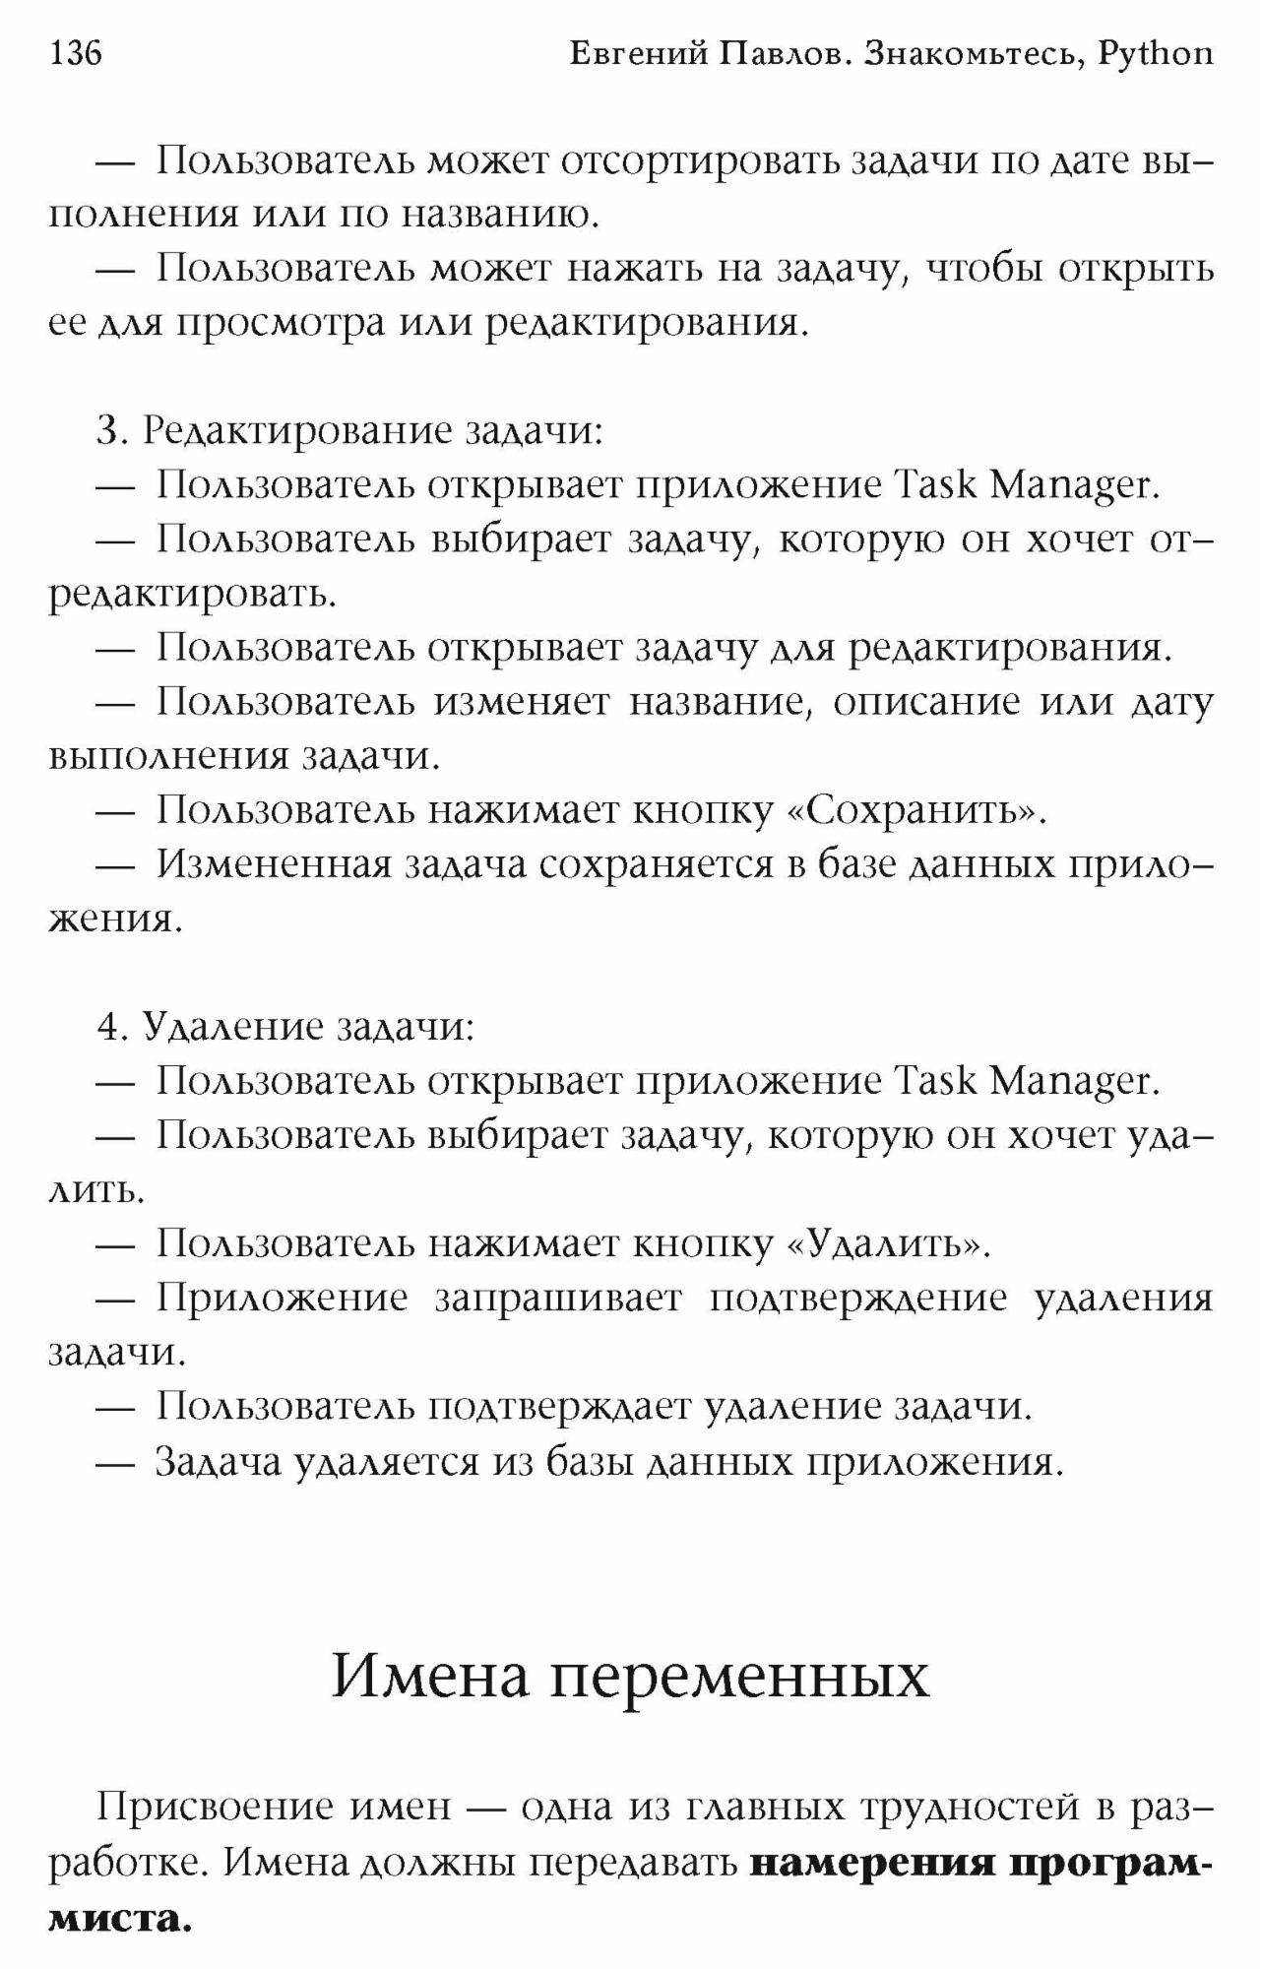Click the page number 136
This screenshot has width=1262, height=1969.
coord(75,52)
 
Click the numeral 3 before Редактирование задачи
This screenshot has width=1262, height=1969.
coord(107,431)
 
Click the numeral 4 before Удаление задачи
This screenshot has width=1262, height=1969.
coord(108,1027)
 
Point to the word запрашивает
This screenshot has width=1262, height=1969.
coord(558,1299)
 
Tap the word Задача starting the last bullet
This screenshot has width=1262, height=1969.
coord(219,1461)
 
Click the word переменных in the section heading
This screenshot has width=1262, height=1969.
coord(739,1678)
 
